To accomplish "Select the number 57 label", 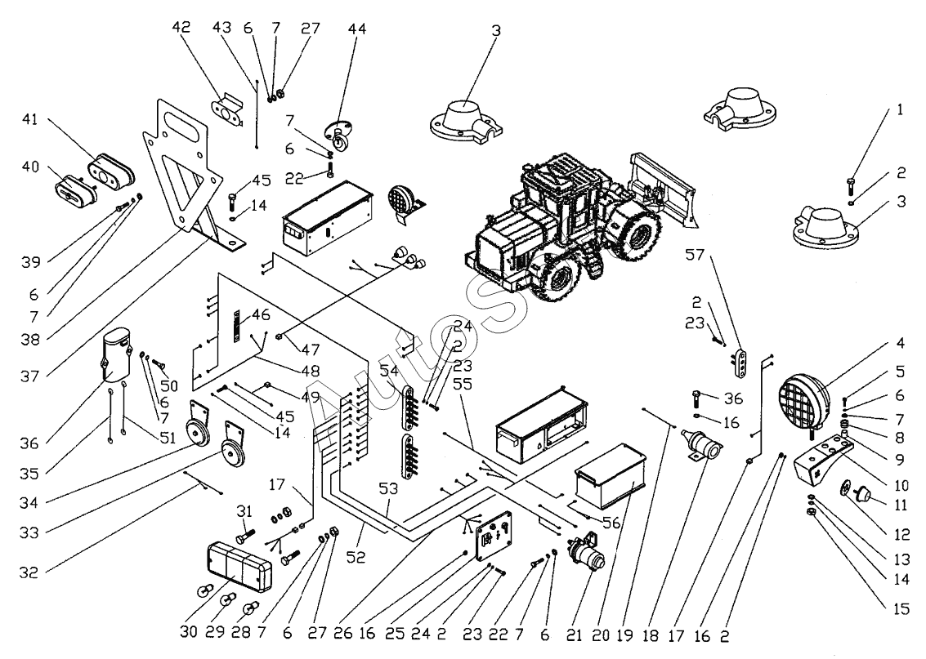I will tap(694, 256).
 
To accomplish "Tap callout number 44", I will tap(358, 29).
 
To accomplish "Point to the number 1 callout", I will tap(900, 109).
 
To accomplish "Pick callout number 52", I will tap(356, 558).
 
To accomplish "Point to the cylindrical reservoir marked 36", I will tap(117, 357).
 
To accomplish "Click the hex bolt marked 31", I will tap(246, 538).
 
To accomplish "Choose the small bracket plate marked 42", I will tap(227, 110).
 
